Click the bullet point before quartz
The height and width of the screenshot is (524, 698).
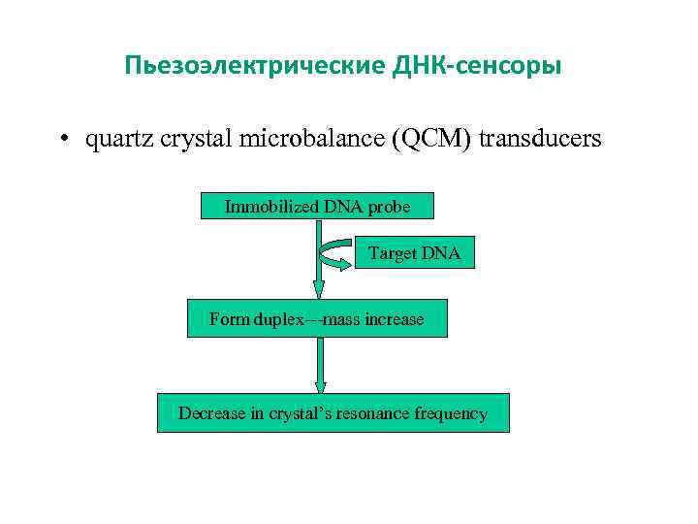(x=61, y=139)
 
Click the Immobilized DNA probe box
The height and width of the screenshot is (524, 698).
(x=317, y=206)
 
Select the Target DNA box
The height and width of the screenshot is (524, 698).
(x=415, y=253)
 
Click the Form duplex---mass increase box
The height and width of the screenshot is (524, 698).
(x=317, y=318)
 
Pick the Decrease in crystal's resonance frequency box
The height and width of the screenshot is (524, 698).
(x=333, y=413)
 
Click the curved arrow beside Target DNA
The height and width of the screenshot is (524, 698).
(x=335, y=252)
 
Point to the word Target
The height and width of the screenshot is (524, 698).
(x=392, y=253)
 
